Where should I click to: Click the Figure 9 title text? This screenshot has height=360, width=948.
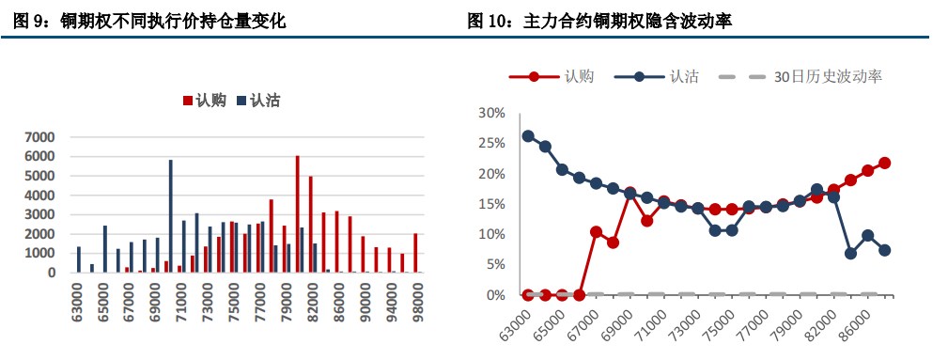150,20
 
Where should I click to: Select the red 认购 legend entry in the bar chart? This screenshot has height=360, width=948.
204,101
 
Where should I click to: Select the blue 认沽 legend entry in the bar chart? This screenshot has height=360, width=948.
257,101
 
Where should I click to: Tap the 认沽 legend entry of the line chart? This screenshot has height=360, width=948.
668,77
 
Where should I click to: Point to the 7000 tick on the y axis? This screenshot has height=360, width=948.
43,137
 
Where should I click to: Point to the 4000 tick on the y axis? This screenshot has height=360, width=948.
43,196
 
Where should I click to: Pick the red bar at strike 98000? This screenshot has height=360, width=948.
414,253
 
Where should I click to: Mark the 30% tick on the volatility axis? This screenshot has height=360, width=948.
492,113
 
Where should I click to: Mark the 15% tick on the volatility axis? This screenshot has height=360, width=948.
492,204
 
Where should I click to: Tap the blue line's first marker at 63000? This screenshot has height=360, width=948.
528,136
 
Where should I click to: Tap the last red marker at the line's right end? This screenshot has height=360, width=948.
884,163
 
